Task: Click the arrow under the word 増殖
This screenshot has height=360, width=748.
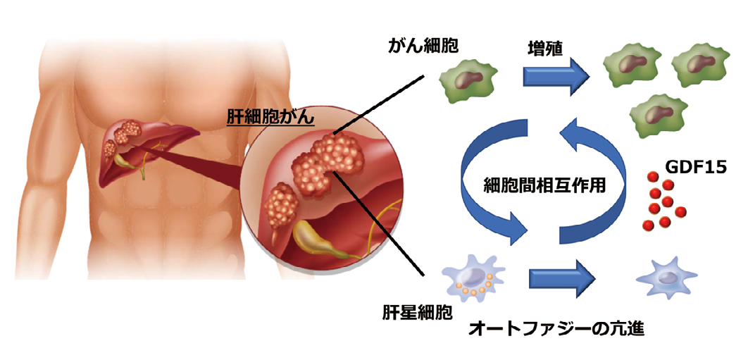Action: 556,75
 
